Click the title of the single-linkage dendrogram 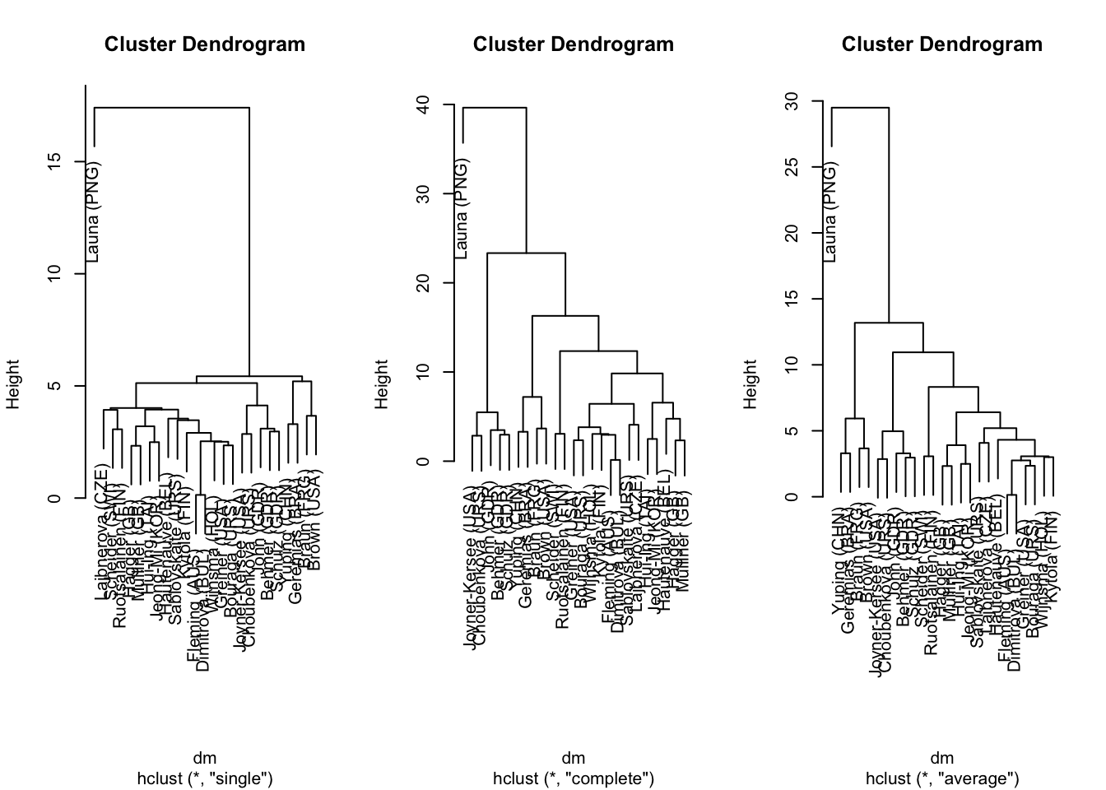[205, 44]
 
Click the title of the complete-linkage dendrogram [574, 44]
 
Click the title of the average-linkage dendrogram [941, 44]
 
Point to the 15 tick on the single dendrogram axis [54, 161]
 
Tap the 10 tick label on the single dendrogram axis [54, 274]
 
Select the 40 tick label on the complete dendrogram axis [423, 105]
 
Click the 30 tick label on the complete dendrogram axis [423, 193]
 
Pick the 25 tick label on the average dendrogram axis [792, 167]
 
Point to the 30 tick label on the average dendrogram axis [792, 101]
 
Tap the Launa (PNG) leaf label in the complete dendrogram [462, 208]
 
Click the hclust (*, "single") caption [205, 778]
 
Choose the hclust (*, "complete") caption [574, 778]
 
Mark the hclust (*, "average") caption [942, 778]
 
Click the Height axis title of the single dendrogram [14, 384]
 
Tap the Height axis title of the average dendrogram [750, 384]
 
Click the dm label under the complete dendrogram [574, 758]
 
